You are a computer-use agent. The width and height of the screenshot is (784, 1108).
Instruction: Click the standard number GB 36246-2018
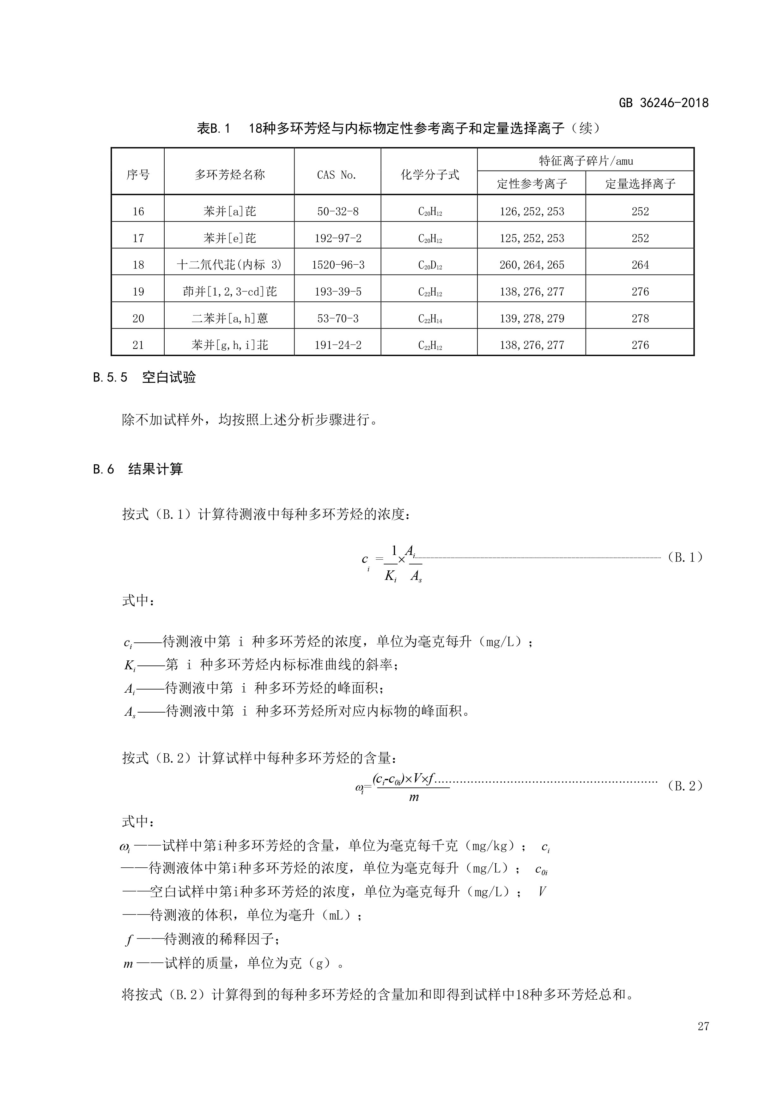(663, 103)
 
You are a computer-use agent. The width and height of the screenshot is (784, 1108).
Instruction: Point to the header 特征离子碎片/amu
(585, 161)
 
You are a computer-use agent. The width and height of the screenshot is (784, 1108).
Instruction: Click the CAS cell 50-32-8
(337, 211)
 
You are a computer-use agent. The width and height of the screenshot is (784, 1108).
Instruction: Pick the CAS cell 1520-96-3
(337, 265)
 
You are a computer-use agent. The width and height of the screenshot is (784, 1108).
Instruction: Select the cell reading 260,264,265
(532, 265)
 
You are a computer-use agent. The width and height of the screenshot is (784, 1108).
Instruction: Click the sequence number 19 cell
(138, 292)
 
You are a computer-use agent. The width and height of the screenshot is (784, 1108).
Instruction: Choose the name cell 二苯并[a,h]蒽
(229, 318)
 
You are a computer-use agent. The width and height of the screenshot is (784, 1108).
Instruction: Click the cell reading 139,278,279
(532, 318)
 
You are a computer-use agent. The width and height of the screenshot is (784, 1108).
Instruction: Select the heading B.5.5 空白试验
(144, 377)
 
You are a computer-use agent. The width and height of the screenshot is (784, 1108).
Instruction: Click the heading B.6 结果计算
(138, 469)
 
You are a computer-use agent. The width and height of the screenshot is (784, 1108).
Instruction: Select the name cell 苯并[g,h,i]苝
(229, 345)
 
